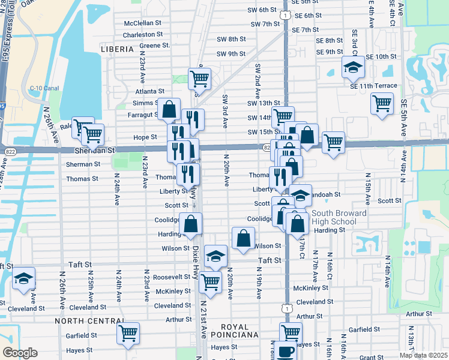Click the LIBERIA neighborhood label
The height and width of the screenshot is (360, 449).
117,49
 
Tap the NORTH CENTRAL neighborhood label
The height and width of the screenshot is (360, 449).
82,321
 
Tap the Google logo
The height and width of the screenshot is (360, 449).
19,352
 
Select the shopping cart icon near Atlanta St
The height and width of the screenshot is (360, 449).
199,77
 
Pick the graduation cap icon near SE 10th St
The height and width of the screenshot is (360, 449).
353,67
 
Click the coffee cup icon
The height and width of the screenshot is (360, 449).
286,352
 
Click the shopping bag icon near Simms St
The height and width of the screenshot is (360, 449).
169,109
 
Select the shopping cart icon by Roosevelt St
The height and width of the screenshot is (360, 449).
209,281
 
